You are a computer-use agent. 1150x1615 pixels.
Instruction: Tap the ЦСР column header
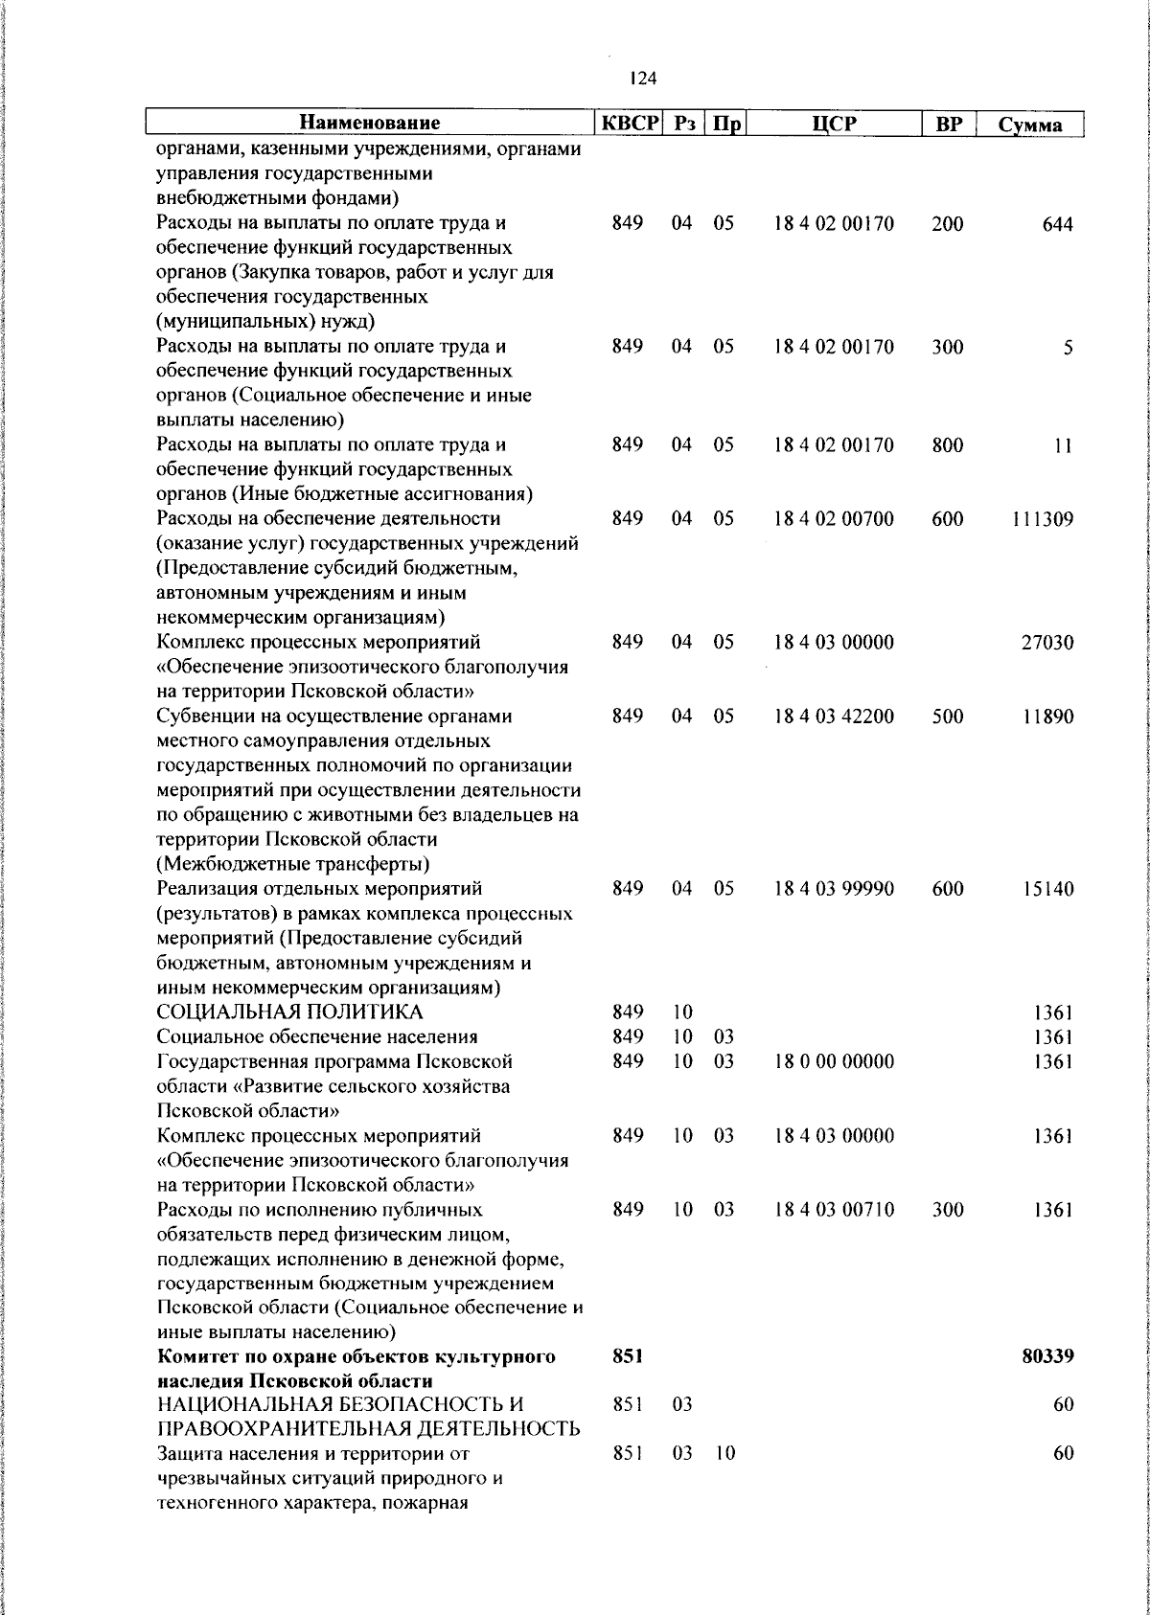point(834,124)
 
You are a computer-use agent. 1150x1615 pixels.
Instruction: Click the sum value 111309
point(1042,519)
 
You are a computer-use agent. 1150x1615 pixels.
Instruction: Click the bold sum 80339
point(1047,1356)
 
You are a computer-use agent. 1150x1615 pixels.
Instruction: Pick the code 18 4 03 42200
point(834,717)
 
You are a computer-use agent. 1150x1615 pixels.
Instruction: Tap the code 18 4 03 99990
point(834,889)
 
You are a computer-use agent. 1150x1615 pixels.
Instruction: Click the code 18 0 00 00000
point(834,1061)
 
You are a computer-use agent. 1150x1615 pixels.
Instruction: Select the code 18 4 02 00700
point(834,519)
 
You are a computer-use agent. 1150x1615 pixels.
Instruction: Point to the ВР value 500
point(947,717)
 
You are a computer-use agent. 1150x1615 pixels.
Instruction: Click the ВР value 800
point(947,445)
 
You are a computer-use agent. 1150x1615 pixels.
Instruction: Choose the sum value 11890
point(1047,717)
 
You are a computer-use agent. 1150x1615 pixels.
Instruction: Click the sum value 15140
point(1047,889)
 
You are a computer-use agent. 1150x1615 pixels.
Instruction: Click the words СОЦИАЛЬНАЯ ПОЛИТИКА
point(289,1012)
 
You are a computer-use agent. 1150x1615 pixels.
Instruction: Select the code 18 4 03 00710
point(834,1210)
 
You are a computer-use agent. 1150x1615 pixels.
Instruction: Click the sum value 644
point(1058,224)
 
